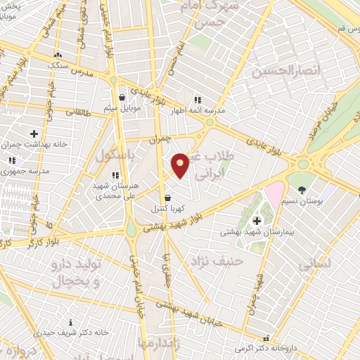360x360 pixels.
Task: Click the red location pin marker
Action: click(x=181, y=165)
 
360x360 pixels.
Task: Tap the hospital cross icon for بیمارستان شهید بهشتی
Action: click(x=257, y=221)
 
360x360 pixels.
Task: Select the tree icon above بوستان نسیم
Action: click(x=302, y=190)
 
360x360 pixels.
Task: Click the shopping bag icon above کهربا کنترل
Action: click(x=167, y=198)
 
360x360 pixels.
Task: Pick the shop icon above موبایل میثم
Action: click(x=122, y=97)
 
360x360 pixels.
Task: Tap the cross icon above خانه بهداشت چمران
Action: click(x=34, y=133)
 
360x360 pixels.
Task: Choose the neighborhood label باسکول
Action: click(x=114, y=153)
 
